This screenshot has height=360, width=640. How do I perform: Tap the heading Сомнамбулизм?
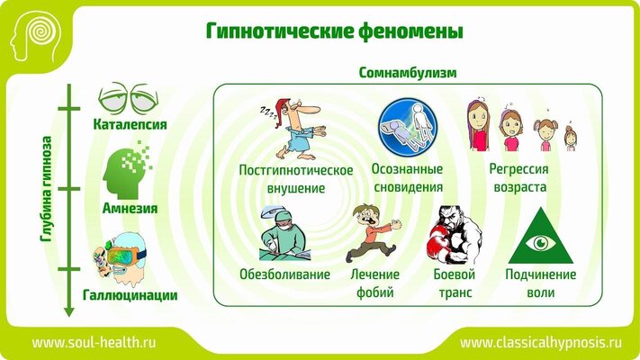point(408,73)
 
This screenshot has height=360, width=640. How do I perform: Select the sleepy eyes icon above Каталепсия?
point(128,98)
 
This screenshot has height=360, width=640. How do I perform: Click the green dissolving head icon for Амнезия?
point(127,170)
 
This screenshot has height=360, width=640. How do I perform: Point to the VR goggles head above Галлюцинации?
point(120,259)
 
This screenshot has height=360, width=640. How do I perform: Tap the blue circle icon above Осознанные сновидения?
point(408,127)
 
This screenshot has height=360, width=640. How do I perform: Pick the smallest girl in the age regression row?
point(570,137)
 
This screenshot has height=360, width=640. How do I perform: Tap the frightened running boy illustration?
point(373,233)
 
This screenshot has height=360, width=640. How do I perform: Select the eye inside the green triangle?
point(541,244)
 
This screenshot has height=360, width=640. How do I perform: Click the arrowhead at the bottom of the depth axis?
point(69,311)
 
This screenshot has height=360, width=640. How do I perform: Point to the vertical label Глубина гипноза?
point(47,189)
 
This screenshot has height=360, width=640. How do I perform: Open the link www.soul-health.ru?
point(94,342)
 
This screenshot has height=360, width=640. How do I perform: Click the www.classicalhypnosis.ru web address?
point(541,343)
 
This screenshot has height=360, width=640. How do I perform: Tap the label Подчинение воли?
point(540,283)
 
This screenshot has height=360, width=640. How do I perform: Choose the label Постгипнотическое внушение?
point(296,179)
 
